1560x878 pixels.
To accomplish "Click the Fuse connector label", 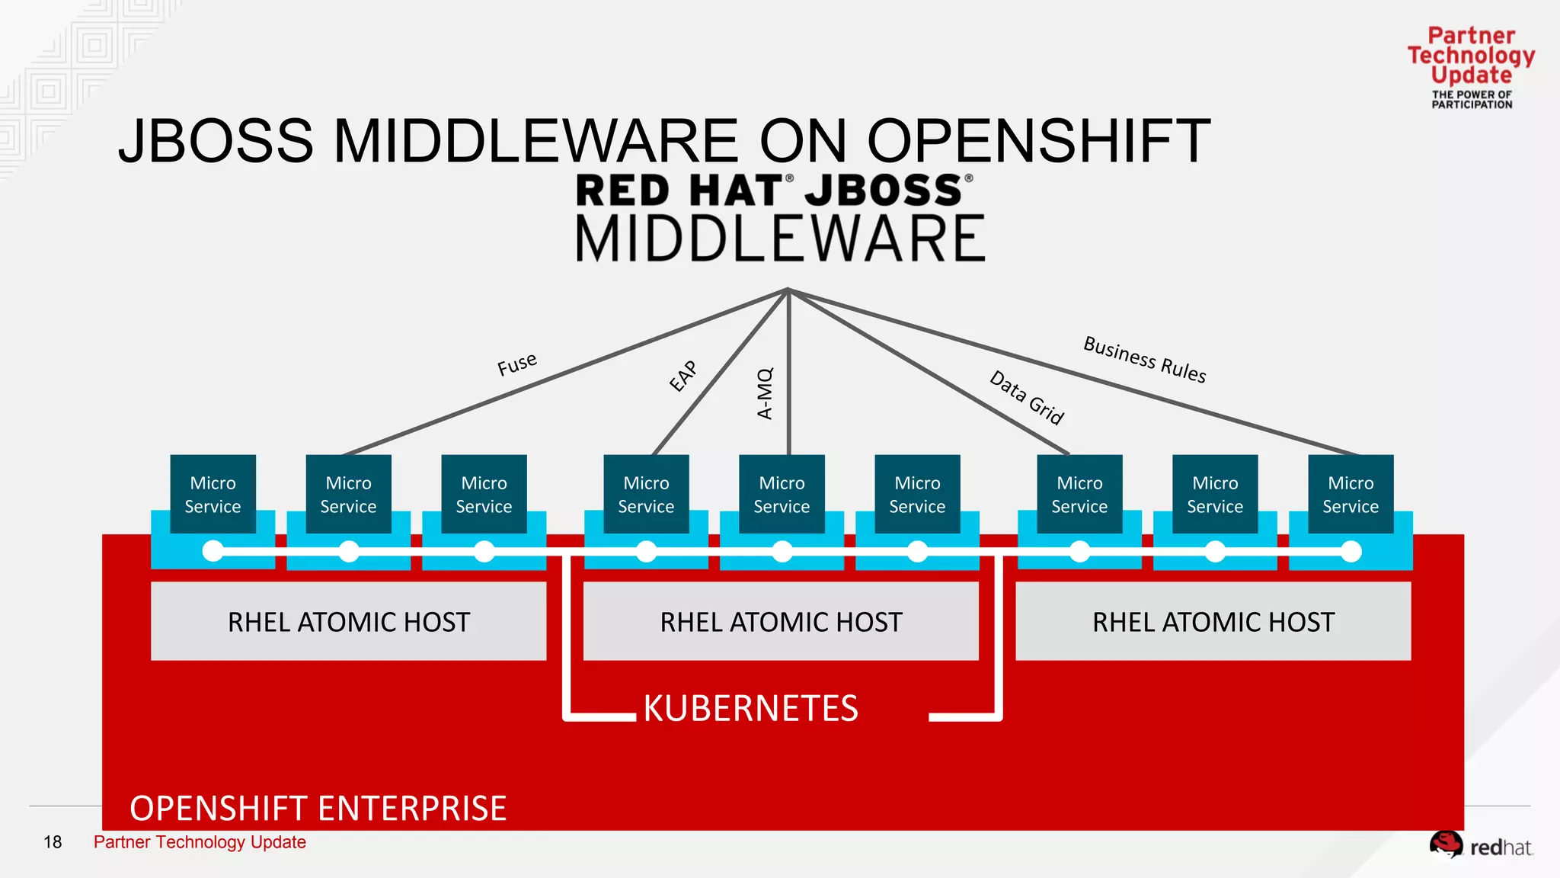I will click(x=517, y=364).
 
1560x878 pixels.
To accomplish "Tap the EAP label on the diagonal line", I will click(x=682, y=376).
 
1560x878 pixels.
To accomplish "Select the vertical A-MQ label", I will click(x=765, y=393).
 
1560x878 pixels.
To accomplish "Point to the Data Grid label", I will click(x=1026, y=397).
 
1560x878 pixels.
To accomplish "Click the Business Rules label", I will click(x=1144, y=359).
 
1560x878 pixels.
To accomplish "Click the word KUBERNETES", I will click(x=750, y=708).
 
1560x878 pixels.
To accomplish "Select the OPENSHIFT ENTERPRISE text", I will click(x=318, y=808).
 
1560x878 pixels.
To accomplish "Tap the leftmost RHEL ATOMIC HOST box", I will click(x=348, y=621).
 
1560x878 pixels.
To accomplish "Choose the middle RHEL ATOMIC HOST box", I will click(x=781, y=621).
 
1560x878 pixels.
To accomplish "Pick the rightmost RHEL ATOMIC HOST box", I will click(x=1213, y=621).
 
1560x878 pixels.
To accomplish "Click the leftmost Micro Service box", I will click(x=213, y=494).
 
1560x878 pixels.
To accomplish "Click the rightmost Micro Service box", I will click(x=1351, y=494).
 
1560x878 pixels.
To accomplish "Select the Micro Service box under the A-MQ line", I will click(x=782, y=494).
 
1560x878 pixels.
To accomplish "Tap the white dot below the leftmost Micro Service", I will click(x=213, y=551).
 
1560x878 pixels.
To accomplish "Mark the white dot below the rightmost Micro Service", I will click(x=1351, y=551).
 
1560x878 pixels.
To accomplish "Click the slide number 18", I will click(x=53, y=842).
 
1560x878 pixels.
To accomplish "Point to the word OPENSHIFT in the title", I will click(x=1037, y=141).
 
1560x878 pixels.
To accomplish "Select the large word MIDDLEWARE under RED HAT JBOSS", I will click(x=780, y=239).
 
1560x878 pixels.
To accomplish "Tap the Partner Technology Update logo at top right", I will click(x=1471, y=67).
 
